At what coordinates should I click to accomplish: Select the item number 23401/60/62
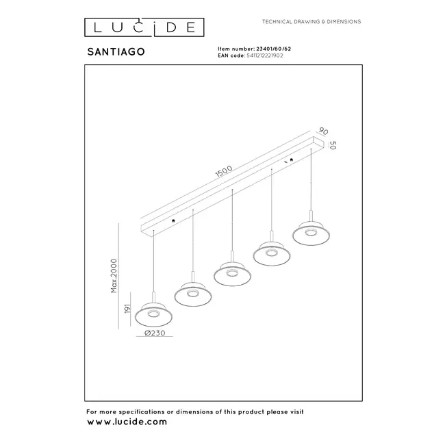coord(273,49)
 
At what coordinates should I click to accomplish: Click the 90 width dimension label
coord(323,131)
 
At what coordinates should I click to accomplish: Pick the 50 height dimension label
coord(332,145)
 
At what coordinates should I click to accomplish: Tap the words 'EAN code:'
coord(229,56)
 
